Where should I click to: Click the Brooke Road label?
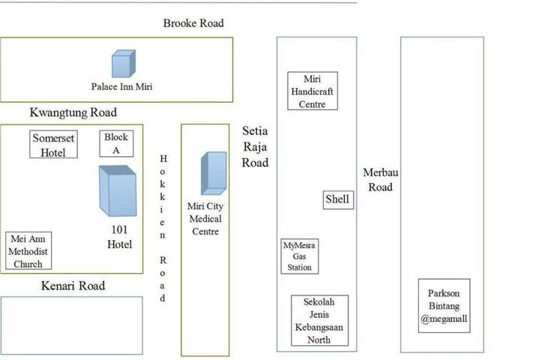193,23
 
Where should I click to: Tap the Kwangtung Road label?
73,113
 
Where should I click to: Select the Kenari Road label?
73,286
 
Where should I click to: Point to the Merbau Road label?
378,179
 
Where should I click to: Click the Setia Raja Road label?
255,146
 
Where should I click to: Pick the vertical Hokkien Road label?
163,228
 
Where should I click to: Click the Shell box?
338,199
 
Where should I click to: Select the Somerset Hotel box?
54,145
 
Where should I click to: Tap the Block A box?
116,143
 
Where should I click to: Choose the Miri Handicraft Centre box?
313,91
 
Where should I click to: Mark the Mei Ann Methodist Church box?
28,251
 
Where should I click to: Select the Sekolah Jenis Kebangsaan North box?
320,321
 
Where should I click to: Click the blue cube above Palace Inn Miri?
123,64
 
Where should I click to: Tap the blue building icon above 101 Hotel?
117,191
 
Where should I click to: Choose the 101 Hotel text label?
118,238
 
